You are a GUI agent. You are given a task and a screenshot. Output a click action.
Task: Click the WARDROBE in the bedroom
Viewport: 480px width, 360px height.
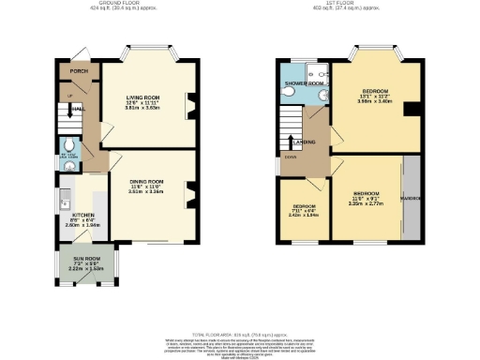411,200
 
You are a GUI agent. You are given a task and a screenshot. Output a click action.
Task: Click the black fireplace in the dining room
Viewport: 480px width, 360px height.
191,194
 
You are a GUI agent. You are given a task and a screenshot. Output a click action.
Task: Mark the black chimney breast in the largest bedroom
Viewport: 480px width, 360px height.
410,109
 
